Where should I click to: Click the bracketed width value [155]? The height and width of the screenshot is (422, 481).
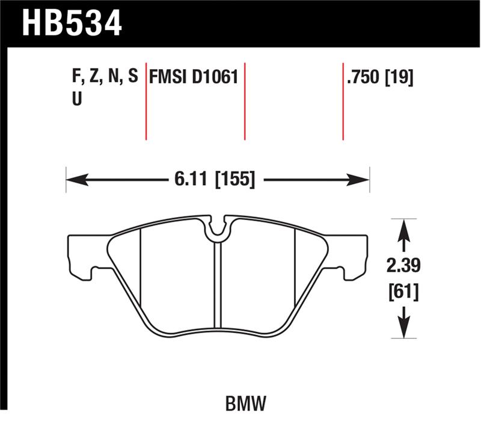click(234, 179)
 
